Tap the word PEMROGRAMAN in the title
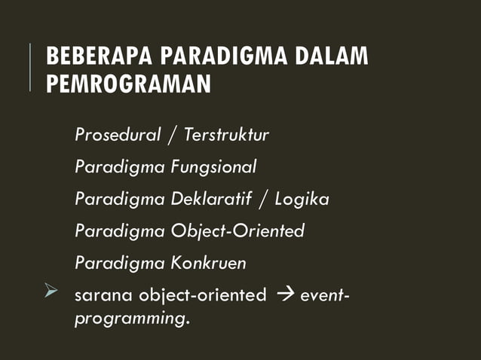(x=128, y=84)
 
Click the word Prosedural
(x=118, y=136)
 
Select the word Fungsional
(x=218, y=167)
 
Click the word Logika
(x=302, y=200)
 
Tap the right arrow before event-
(x=285, y=294)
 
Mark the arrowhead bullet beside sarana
(x=51, y=293)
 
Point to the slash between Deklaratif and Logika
(x=264, y=200)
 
